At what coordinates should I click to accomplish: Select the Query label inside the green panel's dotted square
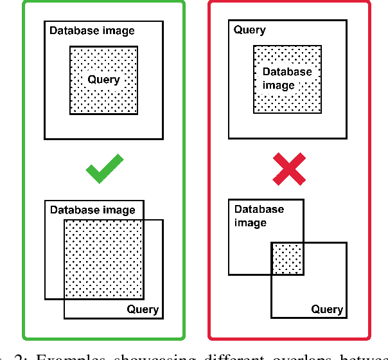click(103, 80)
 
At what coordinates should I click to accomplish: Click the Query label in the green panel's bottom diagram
click(143, 309)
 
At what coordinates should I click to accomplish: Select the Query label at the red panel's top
click(250, 30)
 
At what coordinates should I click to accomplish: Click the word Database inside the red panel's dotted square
click(287, 72)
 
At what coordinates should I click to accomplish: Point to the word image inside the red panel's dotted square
click(279, 85)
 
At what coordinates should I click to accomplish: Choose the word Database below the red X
click(259, 209)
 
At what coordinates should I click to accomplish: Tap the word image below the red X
click(251, 222)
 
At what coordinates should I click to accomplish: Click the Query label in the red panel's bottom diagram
click(327, 309)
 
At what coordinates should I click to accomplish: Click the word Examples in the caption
click(66, 355)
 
